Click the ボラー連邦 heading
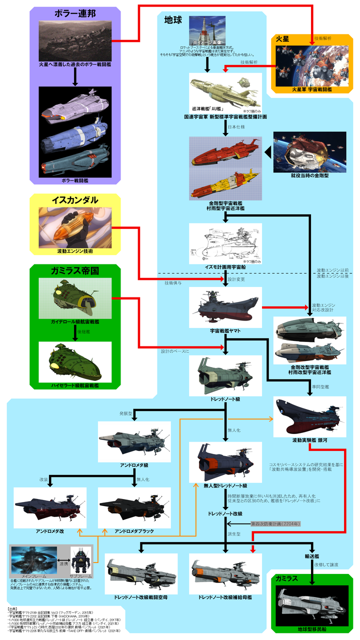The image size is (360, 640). coord(74,13)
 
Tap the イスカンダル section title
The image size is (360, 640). coord(74,200)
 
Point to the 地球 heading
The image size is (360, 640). coord(173,20)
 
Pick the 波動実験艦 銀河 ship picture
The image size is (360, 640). coord(309,417)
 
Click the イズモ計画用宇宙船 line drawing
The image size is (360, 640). coord(225,242)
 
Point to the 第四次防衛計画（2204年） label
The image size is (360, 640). coord(275,524)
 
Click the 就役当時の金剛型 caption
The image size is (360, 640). coord(309,176)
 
